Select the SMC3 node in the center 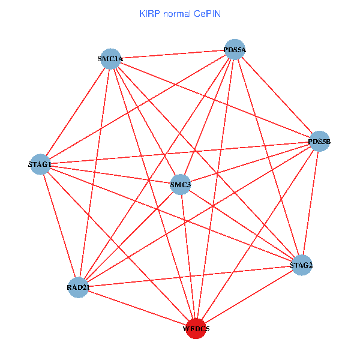click(181, 184)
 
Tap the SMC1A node click(110, 59)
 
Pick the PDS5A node click(235, 50)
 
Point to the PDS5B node click(319, 142)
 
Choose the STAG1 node click(40, 164)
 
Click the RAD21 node click(79, 287)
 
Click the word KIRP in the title click(149, 13)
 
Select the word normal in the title click(178, 13)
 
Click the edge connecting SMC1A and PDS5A click(173, 55)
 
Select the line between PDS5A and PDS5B click(277, 96)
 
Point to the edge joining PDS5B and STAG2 click(310, 203)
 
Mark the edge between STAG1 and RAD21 click(59, 226)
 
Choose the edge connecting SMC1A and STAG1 click(76, 111)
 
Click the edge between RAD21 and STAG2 click(190, 276)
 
